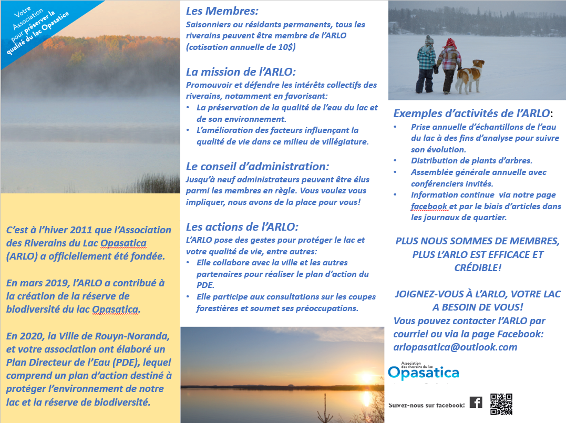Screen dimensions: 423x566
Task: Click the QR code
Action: pos(501,404)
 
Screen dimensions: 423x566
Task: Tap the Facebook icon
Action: pos(476,403)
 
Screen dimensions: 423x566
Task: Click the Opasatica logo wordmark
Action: pos(423,372)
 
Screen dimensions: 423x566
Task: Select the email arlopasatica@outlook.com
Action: pos(455,347)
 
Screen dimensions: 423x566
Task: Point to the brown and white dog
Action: pos(469,75)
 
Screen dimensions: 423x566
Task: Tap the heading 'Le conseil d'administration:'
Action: pos(258,167)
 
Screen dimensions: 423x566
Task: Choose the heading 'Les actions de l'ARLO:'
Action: pos(242,227)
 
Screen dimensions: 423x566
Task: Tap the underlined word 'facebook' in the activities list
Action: pos(429,205)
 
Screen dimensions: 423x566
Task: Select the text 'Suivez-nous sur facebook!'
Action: pos(427,405)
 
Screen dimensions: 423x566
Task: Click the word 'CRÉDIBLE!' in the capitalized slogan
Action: pos(477,267)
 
